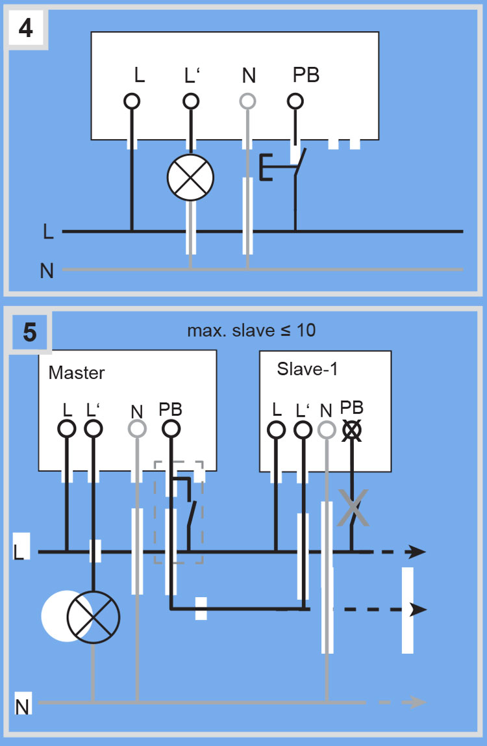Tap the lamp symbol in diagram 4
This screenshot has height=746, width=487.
pos(190,177)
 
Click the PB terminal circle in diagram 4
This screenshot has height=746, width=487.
pos(295,101)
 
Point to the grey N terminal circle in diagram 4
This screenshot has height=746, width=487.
pos(248,101)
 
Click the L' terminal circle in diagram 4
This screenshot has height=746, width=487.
pos(190,101)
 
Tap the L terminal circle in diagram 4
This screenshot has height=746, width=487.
pos(132,101)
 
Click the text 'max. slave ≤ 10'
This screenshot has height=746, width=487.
pos(251,330)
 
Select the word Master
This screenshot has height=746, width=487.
pos(77,373)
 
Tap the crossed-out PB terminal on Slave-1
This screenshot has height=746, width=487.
pos(352,430)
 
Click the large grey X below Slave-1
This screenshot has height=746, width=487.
pos(353,508)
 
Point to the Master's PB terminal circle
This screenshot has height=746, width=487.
pos(170,429)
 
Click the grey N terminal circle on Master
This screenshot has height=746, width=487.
pos(137,429)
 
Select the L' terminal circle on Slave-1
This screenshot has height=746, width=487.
pos(302,430)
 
